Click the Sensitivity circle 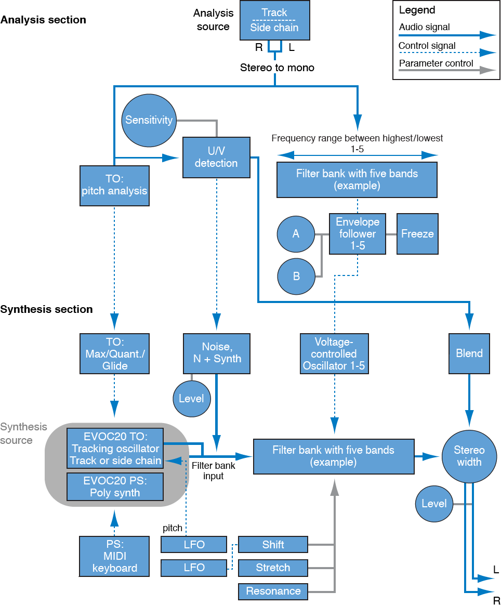[149, 120]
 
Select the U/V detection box [216, 156]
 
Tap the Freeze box [417, 234]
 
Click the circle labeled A [296, 234]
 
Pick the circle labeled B [296, 276]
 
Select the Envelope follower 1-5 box [358, 234]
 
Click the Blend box [469, 353]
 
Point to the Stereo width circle [469, 456]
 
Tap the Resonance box [273, 591]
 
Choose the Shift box [273, 545]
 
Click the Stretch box [273, 568]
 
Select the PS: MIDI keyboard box [114, 557]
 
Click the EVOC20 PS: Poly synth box [115, 487]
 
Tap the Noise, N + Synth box [217, 353]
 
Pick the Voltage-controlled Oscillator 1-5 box [334, 353]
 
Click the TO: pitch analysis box [114, 185]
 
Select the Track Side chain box [274, 21]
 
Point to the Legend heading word [417, 10]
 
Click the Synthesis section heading [47, 309]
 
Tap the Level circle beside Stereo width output [434, 504]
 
